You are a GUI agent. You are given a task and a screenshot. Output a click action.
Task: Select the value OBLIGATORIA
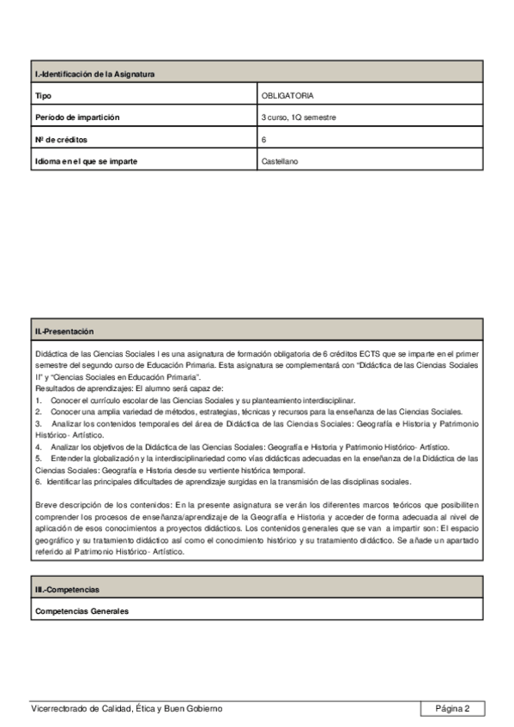[x=288, y=96]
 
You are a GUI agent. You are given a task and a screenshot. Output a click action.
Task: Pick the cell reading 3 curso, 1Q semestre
[x=299, y=117]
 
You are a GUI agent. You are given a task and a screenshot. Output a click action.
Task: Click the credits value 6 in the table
[x=264, y=139]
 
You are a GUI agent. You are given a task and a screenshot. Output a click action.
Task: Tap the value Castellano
[x=280, y=160]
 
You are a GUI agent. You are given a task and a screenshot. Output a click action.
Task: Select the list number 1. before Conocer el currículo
[x=39, y=400]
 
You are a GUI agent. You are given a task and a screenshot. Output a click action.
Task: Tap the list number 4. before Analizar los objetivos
[x=39, y=448]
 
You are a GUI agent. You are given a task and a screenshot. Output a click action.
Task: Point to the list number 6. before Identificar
[x=39, y=482]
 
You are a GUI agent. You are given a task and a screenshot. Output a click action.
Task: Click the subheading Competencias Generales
[x=82, y=611]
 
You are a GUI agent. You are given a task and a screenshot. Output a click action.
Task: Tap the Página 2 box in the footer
[x=452, y=708]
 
